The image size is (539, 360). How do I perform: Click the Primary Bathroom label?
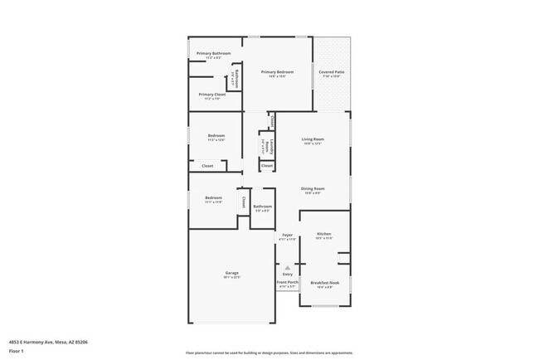tap(213, 54)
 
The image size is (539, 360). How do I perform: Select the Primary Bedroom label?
tap(278, 72)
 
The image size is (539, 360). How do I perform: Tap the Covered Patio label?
tap(332, 72)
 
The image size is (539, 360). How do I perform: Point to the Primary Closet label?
tap(211, 95)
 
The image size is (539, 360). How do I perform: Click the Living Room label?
tap(312, 139)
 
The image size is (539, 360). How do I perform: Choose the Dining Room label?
tap(313, 189)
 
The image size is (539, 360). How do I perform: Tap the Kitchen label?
tap(323, 235)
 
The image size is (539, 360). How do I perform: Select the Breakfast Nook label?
tap(324, 283)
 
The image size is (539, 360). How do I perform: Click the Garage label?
tap(231, 273)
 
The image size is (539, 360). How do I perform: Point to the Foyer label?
tap(287, 236)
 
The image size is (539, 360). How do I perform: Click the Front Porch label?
tap(287, 283)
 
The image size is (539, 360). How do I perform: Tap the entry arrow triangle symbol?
tap(287, 268)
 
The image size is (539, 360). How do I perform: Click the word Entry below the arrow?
tap(287, 275)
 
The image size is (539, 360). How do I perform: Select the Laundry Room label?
tap(267, 145)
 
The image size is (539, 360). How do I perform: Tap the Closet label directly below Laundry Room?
tap(267, 166)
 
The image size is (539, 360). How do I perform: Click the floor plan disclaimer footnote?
tap(269, 353)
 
